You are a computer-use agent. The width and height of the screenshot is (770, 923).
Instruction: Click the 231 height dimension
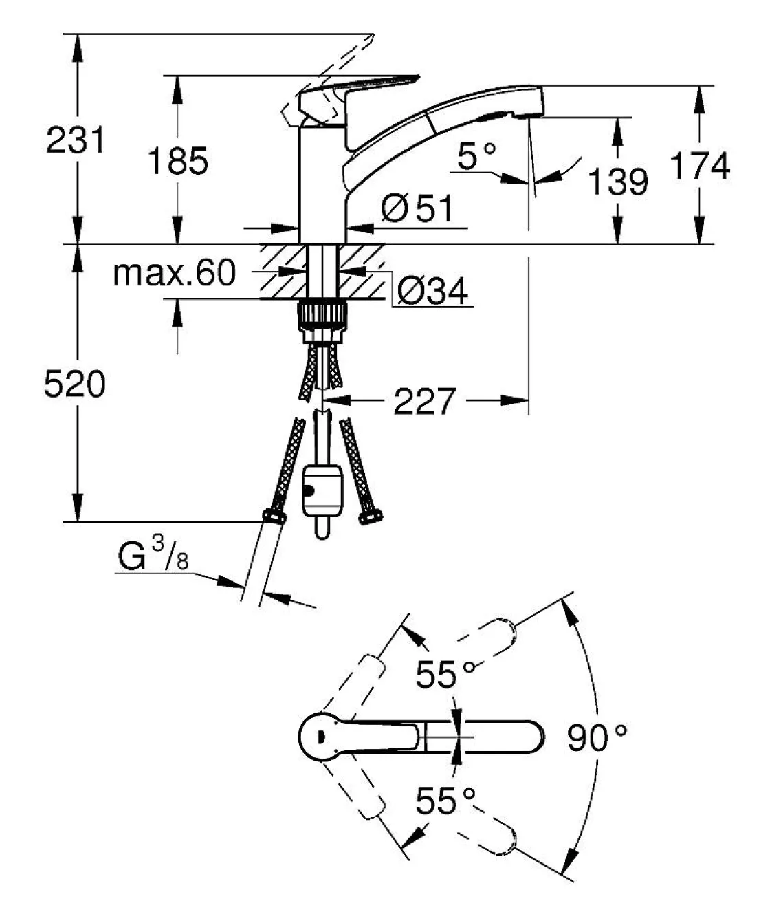(x=76, y=140)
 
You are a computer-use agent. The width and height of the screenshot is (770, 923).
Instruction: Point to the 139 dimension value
(x=618, y=182)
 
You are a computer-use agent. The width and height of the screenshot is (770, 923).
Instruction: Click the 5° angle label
(x=476, y=157)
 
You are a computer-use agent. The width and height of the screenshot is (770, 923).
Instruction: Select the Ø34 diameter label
(x=432, y=292)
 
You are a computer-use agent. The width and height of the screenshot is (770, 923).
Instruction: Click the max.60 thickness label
(x=174, y=274)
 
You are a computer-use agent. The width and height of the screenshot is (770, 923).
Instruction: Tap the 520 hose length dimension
(x=75, y=384)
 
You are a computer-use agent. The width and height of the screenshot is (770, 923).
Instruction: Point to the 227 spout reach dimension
(x=425, y=401)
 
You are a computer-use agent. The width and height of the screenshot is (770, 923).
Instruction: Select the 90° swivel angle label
(x=597, y=739)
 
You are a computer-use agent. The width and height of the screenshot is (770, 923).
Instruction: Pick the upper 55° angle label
(x=445, y=675)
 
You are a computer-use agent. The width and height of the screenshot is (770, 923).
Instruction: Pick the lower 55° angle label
(x=445, y=801)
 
